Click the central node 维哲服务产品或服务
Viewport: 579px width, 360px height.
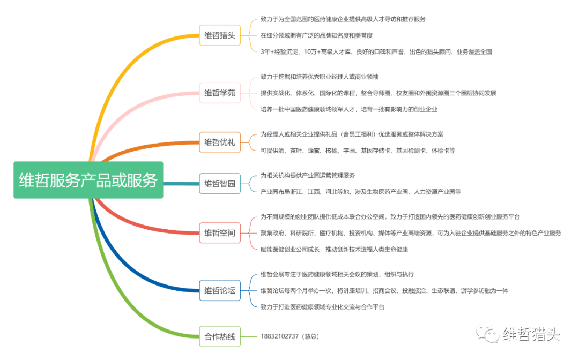tap(88, 181)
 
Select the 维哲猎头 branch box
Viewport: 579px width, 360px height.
tap(219, 35)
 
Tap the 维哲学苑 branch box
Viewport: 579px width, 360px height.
tap(219, 93)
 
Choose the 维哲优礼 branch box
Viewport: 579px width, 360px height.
tap(219, 142)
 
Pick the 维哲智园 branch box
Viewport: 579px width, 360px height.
tap(219, 183)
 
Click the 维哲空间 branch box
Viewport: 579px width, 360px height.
tap(219, 233)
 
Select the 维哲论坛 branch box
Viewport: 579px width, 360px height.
tap(219, 290)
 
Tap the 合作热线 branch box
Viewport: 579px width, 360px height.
tap(219, 336)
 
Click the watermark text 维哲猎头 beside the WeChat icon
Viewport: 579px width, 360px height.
tap(531, 335)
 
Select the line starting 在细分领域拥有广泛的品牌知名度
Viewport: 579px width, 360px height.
tap(316, 35)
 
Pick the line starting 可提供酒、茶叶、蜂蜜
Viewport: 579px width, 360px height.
tap(358, 151)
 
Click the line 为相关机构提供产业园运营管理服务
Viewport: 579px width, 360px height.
tap(308, 175)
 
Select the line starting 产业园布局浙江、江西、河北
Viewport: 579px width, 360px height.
tap(360, 191)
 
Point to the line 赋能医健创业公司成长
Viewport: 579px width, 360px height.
tap(335, 249)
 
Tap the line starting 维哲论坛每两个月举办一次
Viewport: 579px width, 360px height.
tap(384, 290)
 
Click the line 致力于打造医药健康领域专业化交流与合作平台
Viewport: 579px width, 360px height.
tap(322, 307)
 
